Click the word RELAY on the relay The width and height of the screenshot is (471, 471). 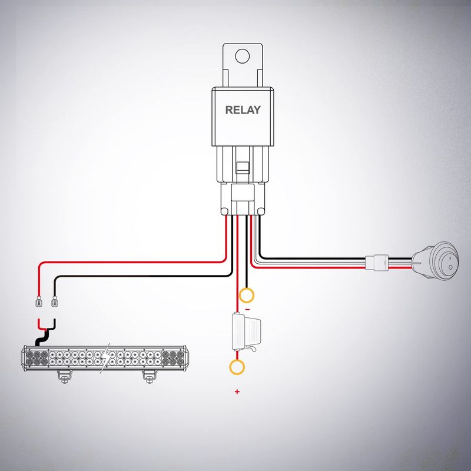point(243,110)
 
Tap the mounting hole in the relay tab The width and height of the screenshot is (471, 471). point(243,56)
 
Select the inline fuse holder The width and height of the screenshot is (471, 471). point(246,332)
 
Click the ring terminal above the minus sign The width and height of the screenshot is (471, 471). point(246,296)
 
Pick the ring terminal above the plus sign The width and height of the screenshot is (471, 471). point(237,367)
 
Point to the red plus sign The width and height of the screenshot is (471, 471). point(237,392)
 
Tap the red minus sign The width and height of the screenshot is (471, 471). point(247,310)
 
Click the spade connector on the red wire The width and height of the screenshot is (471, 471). point(38,301)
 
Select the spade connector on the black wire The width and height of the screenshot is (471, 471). point(54,301)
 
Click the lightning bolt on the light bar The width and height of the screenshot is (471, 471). point(105,358)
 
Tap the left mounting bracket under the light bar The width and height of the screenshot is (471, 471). point(65,377)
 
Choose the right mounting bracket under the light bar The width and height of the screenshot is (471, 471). point(149,377)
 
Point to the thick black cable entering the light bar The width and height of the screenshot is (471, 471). point(42,337)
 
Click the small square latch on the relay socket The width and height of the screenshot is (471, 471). point(242,168)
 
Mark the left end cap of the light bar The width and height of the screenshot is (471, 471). point(24,358)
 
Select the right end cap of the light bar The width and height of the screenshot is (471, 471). point(186,358)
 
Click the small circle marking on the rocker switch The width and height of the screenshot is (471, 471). point(450,267)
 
